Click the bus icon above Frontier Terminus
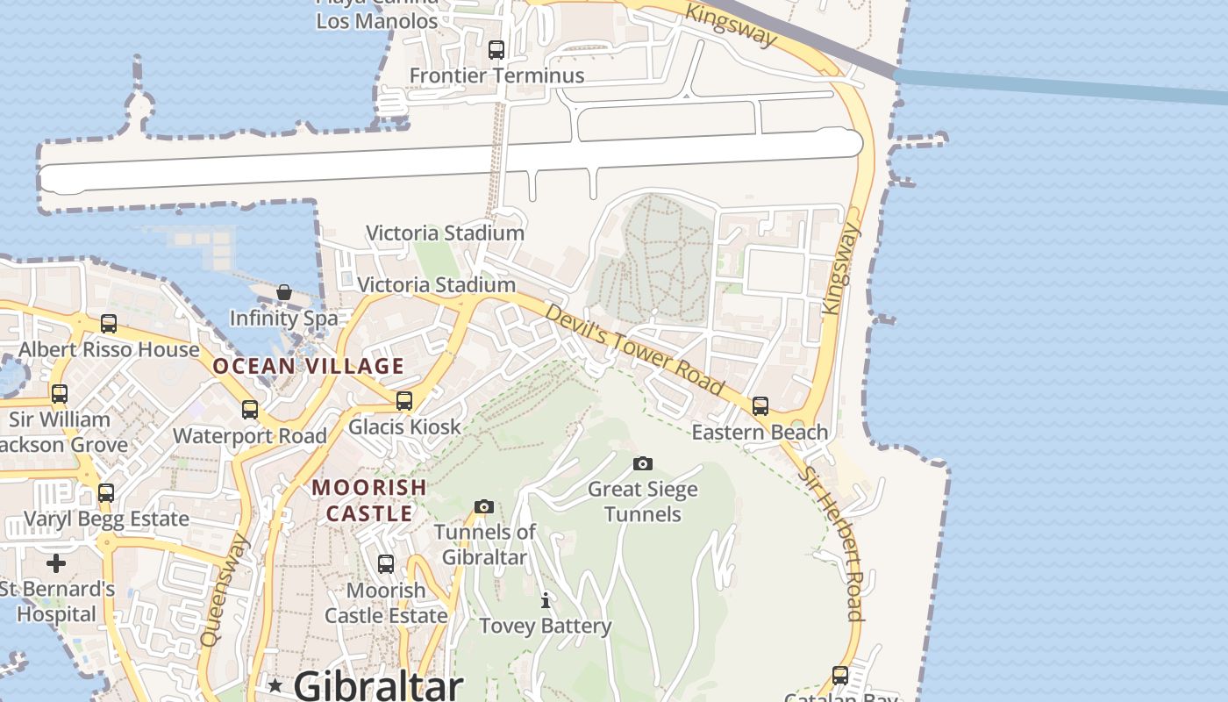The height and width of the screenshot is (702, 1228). pos(496,50)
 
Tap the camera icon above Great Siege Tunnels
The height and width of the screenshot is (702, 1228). pos(643,463)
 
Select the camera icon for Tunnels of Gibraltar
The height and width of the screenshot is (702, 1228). pos(483,506)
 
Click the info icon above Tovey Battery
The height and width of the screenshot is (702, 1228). pos(546,600)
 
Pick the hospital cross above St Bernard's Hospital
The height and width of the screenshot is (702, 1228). pos(56,562)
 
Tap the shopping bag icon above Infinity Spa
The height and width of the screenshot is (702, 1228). pos(283,292)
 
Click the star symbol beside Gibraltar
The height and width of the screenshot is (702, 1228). pos(275,685)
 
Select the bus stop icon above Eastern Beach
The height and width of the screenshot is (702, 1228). pos(760,406)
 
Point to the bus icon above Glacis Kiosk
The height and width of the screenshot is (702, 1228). pos(404,401)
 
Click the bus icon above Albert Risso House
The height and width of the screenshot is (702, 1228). pos(109,324)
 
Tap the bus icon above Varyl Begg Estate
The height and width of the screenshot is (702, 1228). pos(106,493)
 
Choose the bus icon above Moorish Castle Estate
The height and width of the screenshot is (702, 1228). pos(386,564)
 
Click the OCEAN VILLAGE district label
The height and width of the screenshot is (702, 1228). pos(309,366)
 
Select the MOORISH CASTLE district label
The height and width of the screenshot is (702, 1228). pos(369,500)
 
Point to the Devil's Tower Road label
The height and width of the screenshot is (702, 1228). pos(634,349)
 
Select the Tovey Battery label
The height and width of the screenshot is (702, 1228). pos(546,626)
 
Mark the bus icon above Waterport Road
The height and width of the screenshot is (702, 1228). pos(250,410)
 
